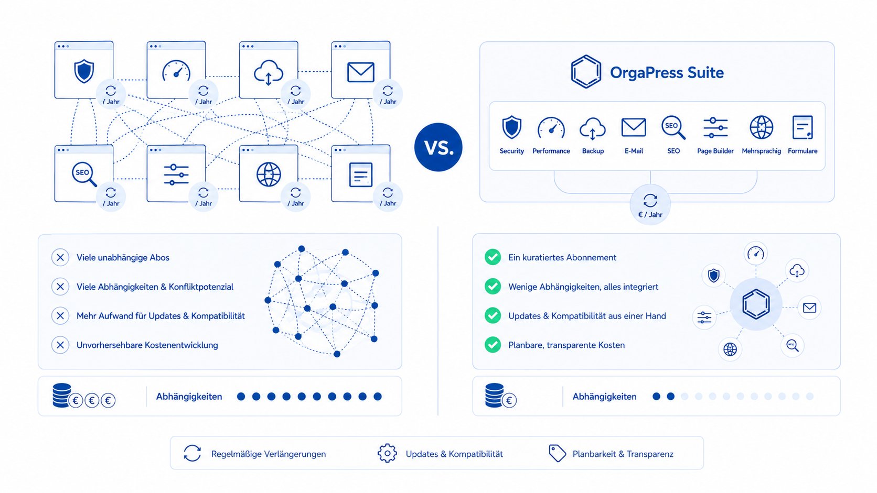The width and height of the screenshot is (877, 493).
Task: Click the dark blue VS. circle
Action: click(438, 147)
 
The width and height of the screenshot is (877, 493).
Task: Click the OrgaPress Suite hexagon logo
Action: click(586, 72)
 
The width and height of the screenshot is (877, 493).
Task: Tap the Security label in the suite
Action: click(511, 151)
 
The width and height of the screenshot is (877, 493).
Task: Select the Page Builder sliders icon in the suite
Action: click(715, 127)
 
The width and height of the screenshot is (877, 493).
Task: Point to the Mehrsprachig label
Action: click(761, 151)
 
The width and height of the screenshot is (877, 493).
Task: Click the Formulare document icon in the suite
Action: click(802, 127)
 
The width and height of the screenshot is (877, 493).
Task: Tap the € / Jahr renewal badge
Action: click(650, 204)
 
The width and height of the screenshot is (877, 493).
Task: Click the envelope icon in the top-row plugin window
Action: click(360, 72)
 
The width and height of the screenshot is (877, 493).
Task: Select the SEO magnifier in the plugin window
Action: click(84, 174)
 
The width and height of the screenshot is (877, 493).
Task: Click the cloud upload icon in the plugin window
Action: click(268, 72)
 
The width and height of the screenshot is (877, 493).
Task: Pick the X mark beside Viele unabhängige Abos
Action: click(60, 257)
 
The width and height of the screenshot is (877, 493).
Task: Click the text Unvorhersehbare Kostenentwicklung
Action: click(147, 345)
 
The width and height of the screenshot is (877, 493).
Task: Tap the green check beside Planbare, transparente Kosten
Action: click(493, 345)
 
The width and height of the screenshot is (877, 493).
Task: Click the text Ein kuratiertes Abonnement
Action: click(562, 257)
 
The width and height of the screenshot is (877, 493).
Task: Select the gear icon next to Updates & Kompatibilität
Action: click(387, 453)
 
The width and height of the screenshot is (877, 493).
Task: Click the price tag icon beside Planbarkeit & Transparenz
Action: click(557, 453)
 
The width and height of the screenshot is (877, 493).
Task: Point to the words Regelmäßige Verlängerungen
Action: click(268, 454)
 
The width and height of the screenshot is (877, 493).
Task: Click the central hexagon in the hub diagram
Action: click(756, 304)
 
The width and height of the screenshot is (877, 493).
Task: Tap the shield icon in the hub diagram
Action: click(714, 275)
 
